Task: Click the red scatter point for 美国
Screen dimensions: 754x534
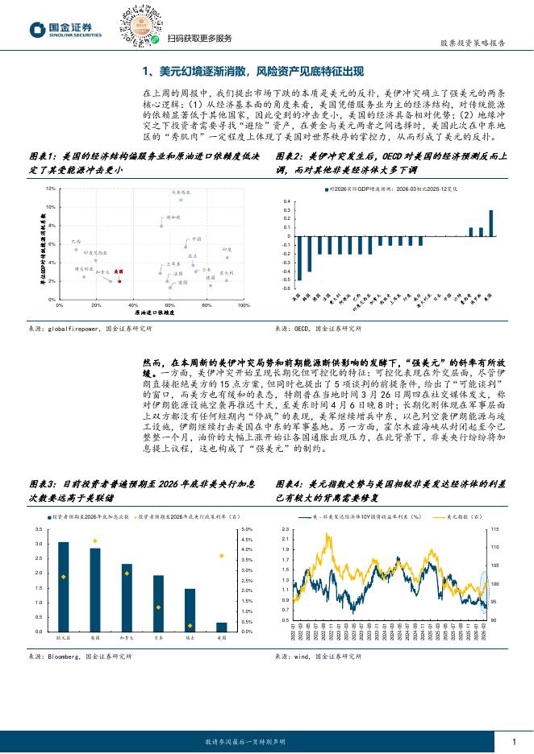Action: (x=119, y=281)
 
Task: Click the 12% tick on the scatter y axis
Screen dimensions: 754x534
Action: (x=51, y=188)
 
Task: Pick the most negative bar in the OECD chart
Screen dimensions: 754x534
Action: (x=298, y=258)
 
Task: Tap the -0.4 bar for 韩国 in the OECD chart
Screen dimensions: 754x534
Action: (x=308, y=253)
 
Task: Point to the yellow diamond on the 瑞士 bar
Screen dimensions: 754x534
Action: (x=190, y=625)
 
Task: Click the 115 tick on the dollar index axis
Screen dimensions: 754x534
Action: (x=495, y=529)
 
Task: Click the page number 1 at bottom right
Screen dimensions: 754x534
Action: (x=513, y=741)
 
